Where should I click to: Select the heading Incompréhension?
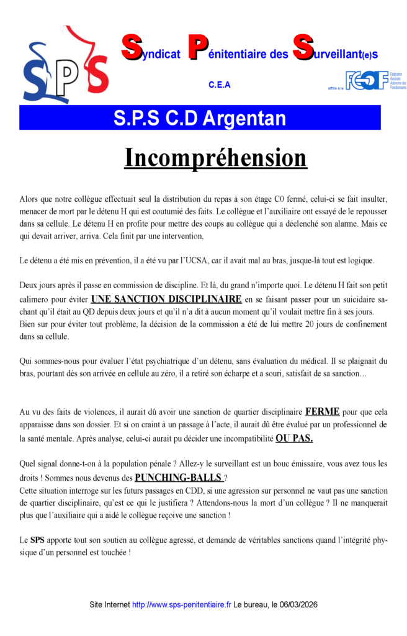click(x=215, y=158)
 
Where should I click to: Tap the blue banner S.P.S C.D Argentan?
click(x=200, y=118)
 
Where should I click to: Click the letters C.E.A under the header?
click(x=220, y=85)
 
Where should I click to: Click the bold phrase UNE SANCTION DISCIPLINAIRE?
click(x=166, y=299)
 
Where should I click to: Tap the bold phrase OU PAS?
click(x=294, y=438)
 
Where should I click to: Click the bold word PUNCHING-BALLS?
click(x=179, y=478)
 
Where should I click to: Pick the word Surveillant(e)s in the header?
click(x=335, y=53)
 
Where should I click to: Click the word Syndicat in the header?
click(x=151, y=53)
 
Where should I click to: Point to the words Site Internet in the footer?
click(x=110, y=604)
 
